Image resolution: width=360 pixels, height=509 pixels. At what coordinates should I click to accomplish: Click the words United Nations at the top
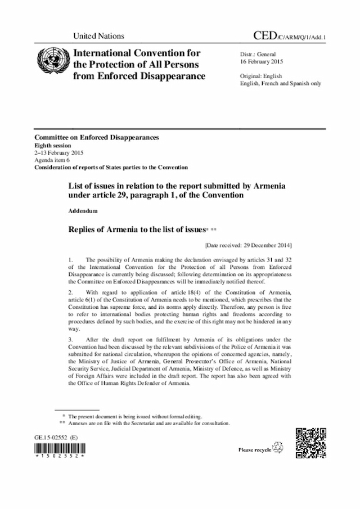[98, 36]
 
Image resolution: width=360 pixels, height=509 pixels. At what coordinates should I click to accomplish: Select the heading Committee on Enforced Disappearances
[96, 138]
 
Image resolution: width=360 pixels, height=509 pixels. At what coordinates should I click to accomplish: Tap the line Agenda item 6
[53, 160]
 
